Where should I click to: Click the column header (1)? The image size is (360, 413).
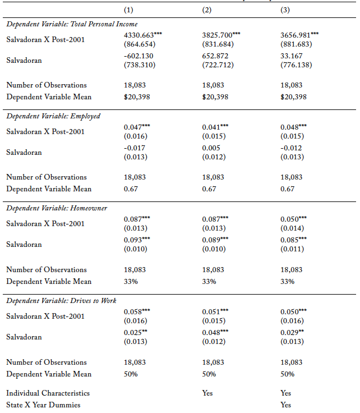(x=128, y=10)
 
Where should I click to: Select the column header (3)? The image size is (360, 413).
(x=285, y=10)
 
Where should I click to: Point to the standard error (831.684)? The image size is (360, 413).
(x=218, y=44)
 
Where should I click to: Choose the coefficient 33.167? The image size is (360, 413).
(x=292, y=56)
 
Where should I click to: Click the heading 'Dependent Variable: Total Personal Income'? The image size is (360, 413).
(x=72, y=24)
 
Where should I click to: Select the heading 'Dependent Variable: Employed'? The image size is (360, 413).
(x=53, y=116)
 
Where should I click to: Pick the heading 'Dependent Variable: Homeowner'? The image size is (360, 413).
(x=57, y=208)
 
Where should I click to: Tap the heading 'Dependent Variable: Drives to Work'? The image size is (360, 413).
(x=61, y=301)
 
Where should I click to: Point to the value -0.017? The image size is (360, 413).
(x=134, y=148)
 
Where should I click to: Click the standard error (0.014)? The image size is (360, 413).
(x=292, y=228)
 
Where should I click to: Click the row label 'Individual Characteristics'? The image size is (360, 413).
(x=48, y=393)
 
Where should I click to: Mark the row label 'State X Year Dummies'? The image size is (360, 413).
(x=43, y=405)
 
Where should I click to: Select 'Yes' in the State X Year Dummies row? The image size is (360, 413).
(x=286, y=405)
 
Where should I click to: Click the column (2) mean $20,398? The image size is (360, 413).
(x=215, y=97)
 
